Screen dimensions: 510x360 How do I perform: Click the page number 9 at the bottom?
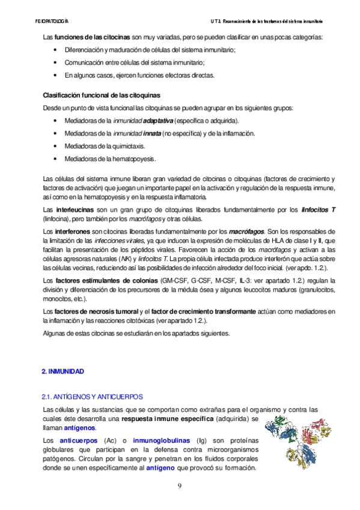pos(179,486)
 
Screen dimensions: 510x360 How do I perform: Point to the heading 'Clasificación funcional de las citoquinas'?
pos(102,96)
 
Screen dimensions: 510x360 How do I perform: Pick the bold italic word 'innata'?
pos(151,134)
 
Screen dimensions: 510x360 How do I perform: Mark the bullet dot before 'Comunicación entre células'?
pos(56,63)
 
